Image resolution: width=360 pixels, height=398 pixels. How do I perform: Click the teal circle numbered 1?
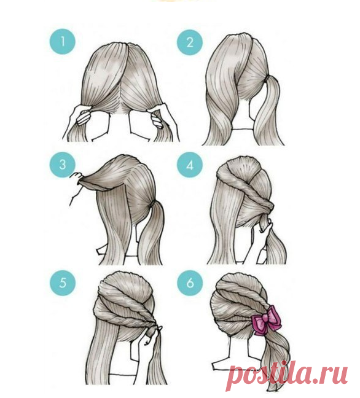pyautogui.click(x=63, y=41)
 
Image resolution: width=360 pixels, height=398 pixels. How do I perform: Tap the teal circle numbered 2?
pyautogui.click(x=190, y=42)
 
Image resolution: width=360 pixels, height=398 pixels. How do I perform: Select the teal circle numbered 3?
pyautogui.click(x=63, y=165)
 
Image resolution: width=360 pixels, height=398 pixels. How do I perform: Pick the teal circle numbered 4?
pyautogui.click(x=190, y=165)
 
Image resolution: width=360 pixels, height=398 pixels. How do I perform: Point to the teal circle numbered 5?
pyautogui.click(x=63, y=283)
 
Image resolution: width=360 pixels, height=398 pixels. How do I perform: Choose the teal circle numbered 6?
pyautogui.click(x=190, y=283)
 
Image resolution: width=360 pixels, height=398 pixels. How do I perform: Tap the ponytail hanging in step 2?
pyautogui.click(x=268, y=112)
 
